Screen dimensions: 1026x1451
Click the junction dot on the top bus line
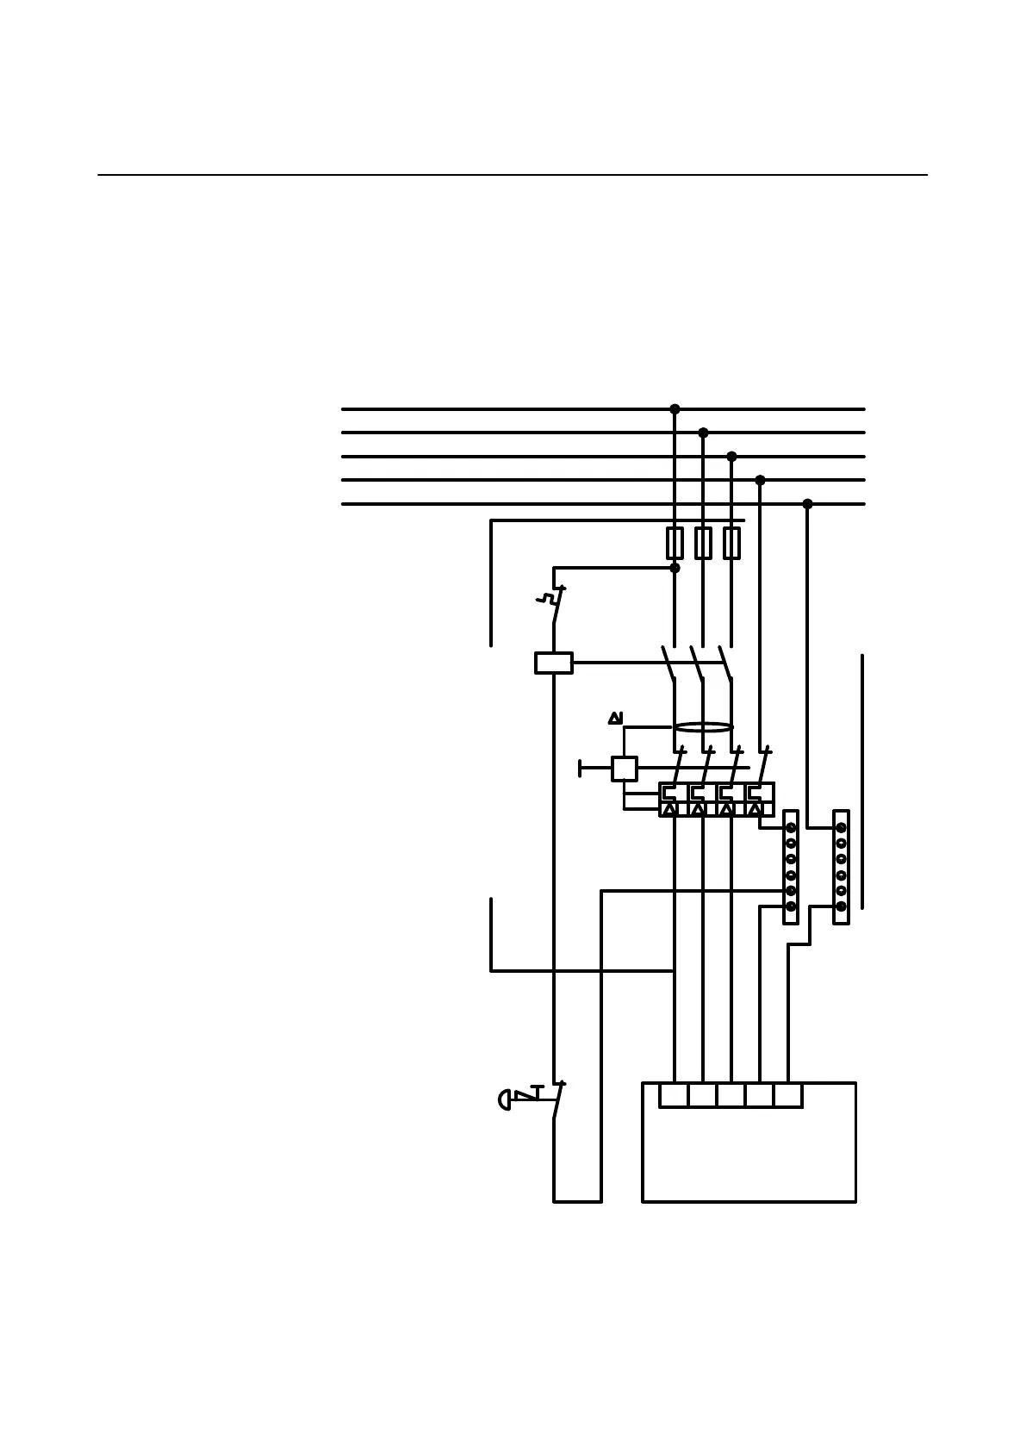pos(675,409)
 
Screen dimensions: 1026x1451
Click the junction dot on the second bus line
pos(703,433)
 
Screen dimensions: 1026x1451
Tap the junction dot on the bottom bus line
pos(807,504)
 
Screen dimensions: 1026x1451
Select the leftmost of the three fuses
pos(675,543)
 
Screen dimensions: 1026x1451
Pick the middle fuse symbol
pos(703,543)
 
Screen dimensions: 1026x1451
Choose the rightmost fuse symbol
pos(731,543)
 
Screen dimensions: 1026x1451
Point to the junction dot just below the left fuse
pos(675,568)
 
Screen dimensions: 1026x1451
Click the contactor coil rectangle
pos(553,663)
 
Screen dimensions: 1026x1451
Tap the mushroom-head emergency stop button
pos(505,1099)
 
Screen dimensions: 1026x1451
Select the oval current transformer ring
pos(703,727)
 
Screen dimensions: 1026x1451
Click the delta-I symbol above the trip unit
pos(615,718)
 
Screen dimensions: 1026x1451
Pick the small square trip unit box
pos(624,769)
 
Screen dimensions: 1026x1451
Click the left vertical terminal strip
pos(791,867)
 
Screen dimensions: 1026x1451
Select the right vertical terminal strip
pos(841,867)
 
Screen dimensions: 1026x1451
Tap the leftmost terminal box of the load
pos(674,1095)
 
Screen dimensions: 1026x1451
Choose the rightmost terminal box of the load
pos(788,1095)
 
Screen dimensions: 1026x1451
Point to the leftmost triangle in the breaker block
pos(670,809)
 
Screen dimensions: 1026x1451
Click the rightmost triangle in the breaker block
pos(756,809)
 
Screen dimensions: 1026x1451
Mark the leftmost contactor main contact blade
pos(668,663)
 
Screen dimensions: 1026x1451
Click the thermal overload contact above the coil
pos(557,604)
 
